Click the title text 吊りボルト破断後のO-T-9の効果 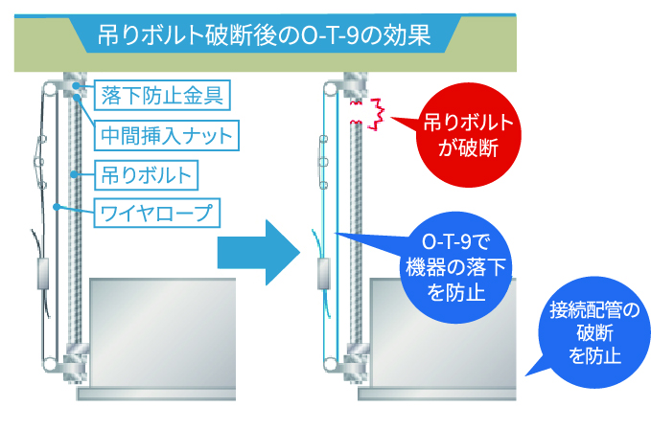264,34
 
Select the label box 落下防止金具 162,95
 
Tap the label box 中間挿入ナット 167,135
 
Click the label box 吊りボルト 146,175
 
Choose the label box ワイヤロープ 157,214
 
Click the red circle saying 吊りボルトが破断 469,135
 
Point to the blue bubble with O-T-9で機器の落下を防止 455,267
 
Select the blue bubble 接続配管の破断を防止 594,332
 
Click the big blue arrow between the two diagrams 259,253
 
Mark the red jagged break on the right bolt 367,114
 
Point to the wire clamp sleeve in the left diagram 43,273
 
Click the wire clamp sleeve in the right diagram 323,273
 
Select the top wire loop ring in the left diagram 50,89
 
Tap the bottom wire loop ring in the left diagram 50,364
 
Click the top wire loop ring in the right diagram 331,89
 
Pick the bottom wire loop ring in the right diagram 331,364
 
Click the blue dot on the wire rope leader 57,206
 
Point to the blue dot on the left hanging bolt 74,174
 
